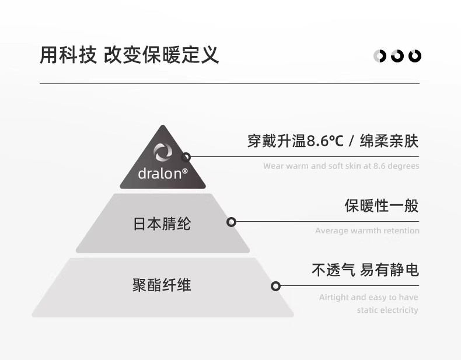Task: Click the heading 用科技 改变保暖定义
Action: pyautogui.click(x=130, y=55)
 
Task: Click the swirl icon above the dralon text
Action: pyautogui.click(x=163, y=153)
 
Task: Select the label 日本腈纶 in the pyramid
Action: pyautogui.click(x=162, y=224)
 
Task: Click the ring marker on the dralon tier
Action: pyautogui.click(x=186, y=156)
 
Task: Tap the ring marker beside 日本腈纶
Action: pyautogui.click(x=232, y=222)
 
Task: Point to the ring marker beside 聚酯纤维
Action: pyautogui.click(x=276, y=286)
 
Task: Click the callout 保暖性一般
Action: pyautogui.click(x=381, y=205)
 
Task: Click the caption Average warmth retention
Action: pyautogui.click(x=367, y=231)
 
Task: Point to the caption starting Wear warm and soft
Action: pyautogui.click(x=341, y=166)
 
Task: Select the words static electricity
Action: pyautogui.click(x=387, y=310)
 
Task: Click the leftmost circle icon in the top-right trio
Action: pyautogui.click(x=380, y=56)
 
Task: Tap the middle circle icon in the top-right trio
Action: pyautogui.click(x=397, y=56)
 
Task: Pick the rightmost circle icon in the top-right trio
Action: pyautogui.click(x=415, y=56)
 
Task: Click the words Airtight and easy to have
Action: pyautogui.click(x=369, y=298)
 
